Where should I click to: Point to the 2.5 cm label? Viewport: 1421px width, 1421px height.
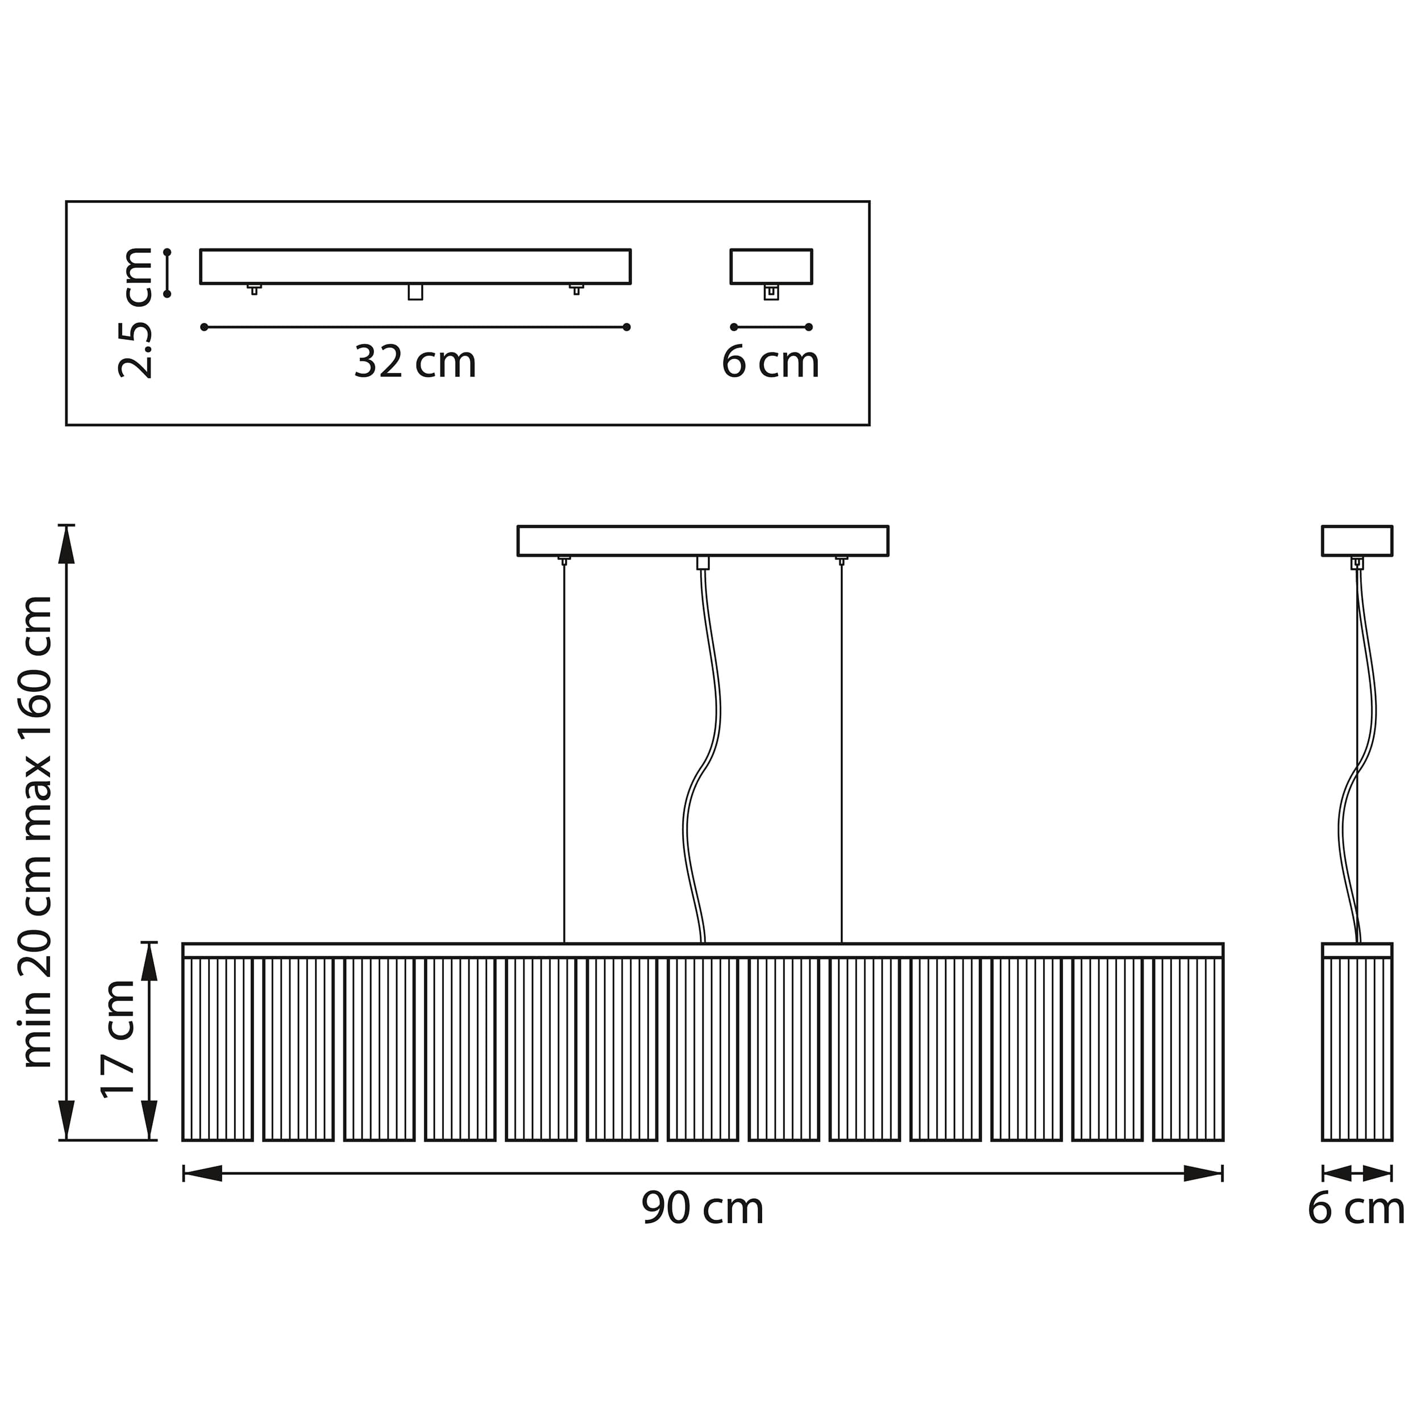coord(135,313)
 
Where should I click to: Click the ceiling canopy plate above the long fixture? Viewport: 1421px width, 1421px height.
coord(703,541)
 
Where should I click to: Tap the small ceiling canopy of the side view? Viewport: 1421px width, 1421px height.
coord(1357,541)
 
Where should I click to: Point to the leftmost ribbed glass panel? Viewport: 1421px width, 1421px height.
coord(218,1050)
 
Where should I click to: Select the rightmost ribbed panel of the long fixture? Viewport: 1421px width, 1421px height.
coord(1189,1050)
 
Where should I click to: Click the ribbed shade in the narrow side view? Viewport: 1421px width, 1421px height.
coord(1357,1050)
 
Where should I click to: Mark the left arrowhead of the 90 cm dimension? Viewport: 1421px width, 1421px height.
coord(202,1174)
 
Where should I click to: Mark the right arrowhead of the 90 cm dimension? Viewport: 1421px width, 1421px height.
coord(1203,1174)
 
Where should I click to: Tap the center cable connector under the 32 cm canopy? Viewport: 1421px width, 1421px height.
coord(416,292)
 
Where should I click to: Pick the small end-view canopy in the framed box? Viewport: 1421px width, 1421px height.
coord(771,266)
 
